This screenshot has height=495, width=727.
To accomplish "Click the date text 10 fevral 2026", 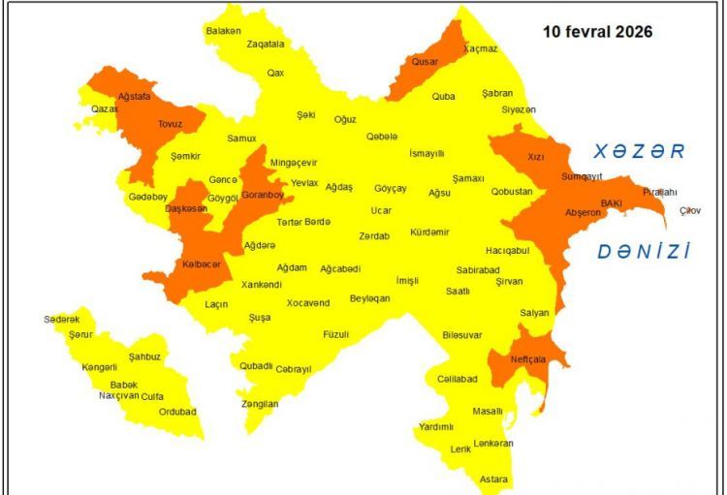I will (596, 31).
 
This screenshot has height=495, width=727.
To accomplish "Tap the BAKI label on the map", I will (611, 203).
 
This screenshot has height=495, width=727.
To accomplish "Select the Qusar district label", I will (425, 61).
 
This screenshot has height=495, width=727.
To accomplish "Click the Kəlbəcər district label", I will (202, 263).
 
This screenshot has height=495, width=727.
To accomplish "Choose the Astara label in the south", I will (493, 479).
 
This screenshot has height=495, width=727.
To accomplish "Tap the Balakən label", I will (224, 31).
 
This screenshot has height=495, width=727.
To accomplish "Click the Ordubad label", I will (177, 411).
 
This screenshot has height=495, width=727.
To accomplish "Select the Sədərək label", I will (61, 319).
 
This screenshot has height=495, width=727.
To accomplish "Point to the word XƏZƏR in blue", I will (639, 151).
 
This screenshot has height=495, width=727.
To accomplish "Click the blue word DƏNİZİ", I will (644, 252).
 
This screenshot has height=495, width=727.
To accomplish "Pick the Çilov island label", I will (689, 210).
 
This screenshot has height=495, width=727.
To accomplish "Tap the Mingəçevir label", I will (294, 162).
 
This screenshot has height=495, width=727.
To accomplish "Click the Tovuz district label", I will (170, 124).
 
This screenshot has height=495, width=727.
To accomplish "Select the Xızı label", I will (536, 155).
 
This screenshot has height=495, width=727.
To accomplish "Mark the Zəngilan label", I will (259, 404).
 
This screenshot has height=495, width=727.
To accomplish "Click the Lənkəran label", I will (493, 443).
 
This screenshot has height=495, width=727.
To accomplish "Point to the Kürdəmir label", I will (429, 232).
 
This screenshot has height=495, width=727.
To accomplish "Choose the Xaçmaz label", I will (480, 47).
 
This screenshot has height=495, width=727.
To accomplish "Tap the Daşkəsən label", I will (186, 208).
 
